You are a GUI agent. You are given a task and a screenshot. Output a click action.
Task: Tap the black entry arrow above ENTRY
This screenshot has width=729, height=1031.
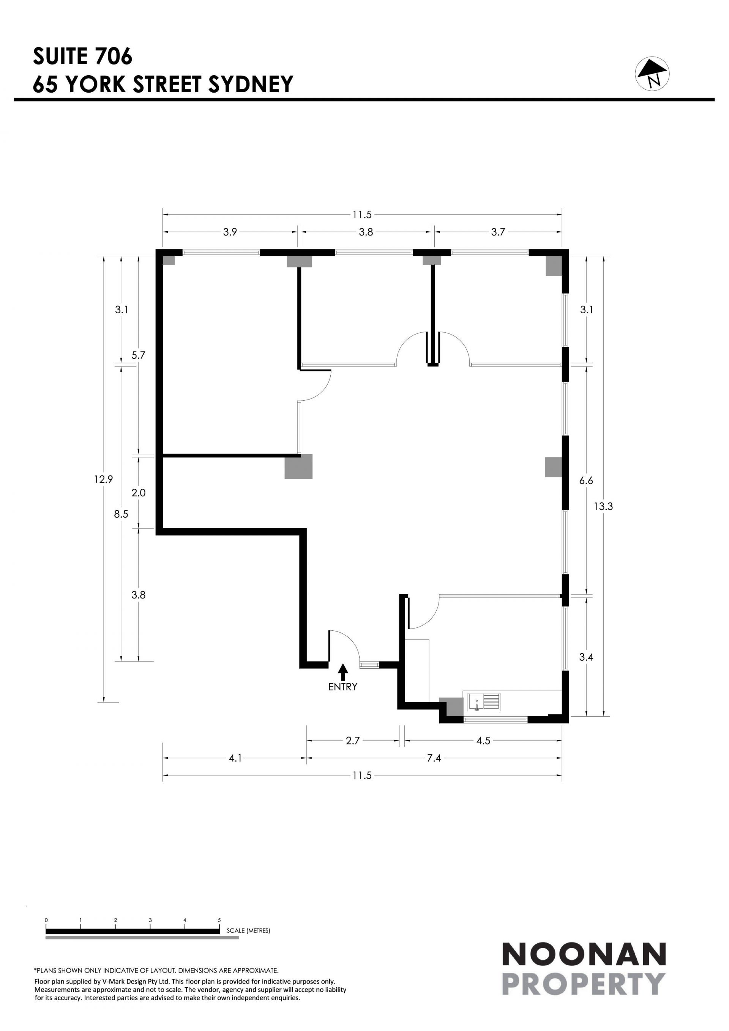343,672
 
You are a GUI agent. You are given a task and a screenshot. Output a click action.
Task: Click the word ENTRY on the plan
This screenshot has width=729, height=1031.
343,687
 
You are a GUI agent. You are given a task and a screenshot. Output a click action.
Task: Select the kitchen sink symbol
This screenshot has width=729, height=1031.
483,702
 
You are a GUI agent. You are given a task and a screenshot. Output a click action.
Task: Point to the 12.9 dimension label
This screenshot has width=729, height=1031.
103,479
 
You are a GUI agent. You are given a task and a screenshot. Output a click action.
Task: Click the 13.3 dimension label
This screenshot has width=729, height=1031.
603,507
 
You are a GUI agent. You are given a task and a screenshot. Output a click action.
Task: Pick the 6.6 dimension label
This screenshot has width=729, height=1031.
586,481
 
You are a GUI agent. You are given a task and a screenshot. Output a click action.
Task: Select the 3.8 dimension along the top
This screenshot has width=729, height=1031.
366,232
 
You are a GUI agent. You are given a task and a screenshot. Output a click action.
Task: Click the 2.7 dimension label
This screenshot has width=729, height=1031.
353,741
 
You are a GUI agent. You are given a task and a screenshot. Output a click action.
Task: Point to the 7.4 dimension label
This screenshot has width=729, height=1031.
434,758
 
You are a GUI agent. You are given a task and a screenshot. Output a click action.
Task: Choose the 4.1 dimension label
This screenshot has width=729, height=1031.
235,758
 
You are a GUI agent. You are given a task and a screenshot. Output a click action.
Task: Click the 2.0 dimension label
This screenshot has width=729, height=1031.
138,493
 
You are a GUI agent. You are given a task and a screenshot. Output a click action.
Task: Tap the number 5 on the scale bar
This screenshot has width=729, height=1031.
219,920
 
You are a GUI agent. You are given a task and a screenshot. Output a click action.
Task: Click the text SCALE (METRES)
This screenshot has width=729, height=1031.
248,930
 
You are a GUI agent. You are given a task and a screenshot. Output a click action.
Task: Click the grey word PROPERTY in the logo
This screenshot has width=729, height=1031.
584,984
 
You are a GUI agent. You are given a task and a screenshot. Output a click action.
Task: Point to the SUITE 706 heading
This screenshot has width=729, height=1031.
83,56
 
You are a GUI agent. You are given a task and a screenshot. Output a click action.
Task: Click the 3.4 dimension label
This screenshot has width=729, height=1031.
586,657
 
